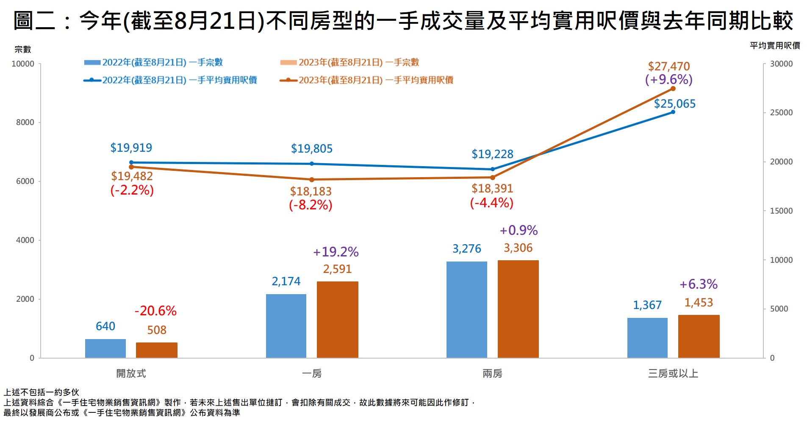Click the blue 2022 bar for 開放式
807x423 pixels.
click(105, 348)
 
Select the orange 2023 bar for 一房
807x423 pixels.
click(337, 320)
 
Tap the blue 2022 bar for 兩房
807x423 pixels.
click(466, 309)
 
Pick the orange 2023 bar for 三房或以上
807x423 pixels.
click(699, 336)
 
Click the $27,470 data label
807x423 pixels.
click(668, 67)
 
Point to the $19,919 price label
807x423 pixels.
click(131, 148)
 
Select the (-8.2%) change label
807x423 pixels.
click(311, 205)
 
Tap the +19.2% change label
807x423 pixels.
click(336, 252)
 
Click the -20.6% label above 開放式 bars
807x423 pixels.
click(155, 311)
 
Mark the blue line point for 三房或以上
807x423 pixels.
click(673, 112)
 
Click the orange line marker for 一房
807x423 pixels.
click(312, 180)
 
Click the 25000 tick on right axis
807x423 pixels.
click(781, 113)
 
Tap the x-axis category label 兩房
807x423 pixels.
click(492, 373)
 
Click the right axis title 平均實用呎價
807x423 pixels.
click(775, 46)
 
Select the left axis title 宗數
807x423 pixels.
click(23, 50)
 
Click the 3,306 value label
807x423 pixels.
click(518, 248)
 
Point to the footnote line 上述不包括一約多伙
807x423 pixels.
click(42, 392)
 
